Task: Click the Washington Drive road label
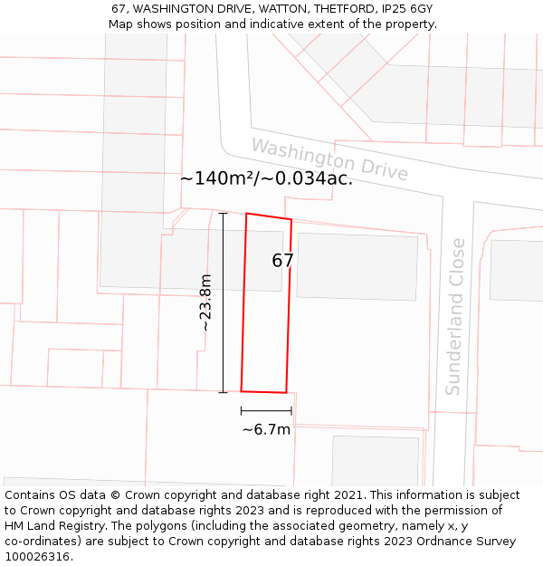[x=329, y=159]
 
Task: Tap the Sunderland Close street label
[x=455, y=316]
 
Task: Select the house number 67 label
[x=282, y=261]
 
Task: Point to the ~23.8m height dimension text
[x=205, y=302]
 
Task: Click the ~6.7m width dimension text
[x=266, y=429]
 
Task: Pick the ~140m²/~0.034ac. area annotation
[x=266, y=178]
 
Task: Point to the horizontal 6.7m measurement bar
[x=266, y=411]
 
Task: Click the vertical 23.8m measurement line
[x=223, y=302]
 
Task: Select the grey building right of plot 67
[x=357, y=266]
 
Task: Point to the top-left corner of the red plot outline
[x=247, y=214]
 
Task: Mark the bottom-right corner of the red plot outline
[x=286, y=393]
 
